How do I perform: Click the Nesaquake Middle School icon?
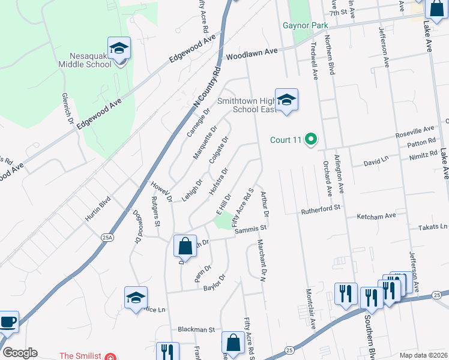119,49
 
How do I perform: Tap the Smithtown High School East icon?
287,100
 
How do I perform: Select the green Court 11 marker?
310,140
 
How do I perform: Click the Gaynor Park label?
306,26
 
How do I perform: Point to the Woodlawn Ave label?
252,53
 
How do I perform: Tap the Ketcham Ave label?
377,215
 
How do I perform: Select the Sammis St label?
253,229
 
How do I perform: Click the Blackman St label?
196,329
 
